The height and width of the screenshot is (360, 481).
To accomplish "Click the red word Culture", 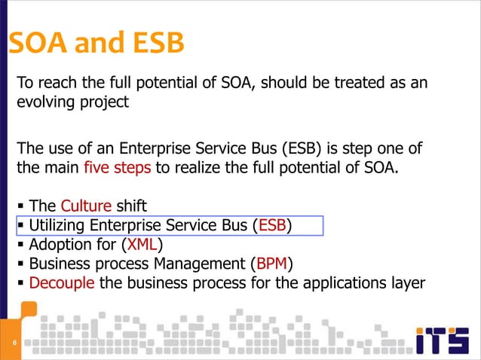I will point(86,206).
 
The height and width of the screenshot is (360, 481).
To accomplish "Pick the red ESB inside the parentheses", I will point(271,225).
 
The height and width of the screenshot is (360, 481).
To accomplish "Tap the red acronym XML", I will point(143,245).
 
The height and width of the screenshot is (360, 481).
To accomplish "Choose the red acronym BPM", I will point(271,264).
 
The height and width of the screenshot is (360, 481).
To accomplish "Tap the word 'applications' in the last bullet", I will point(339,284).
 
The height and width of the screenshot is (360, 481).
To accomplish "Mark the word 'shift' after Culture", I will point(132,206).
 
